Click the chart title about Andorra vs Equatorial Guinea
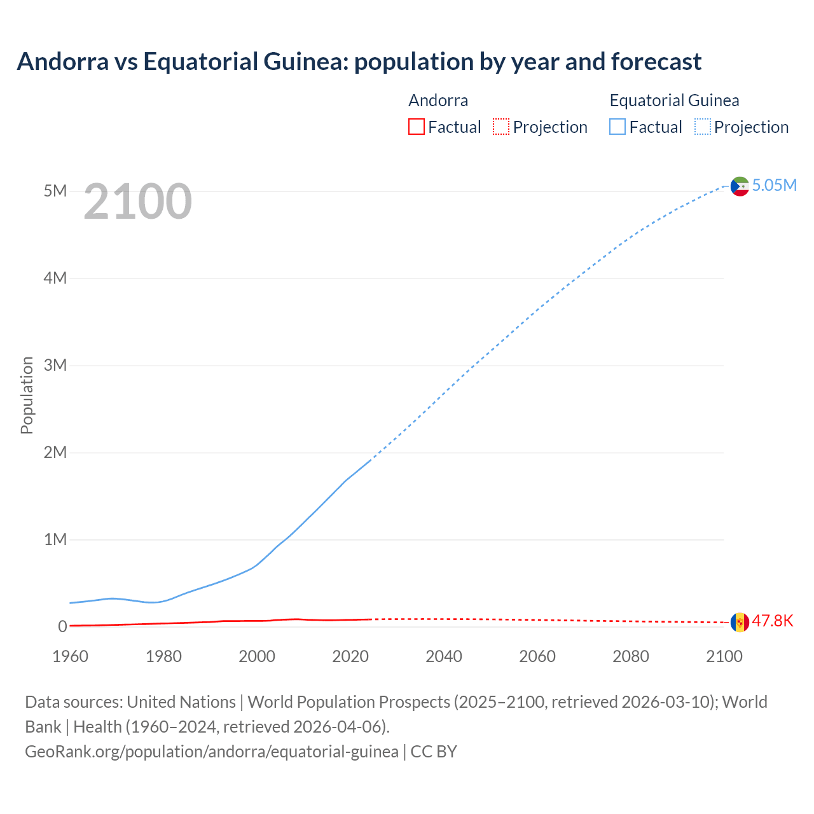coord(359,62)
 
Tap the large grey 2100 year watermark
coord(137,202)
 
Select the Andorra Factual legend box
coord(417,127)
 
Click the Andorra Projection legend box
coord(501,127)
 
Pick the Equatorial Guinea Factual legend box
coord(617,127)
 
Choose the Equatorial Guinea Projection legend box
coord(703,127)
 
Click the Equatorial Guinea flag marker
coord(740,186)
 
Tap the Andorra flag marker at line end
coord(740,622)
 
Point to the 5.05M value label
coord(774,185)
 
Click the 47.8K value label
coord(773,621)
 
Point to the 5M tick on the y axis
coord(55,191)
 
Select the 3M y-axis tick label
coord(55,365)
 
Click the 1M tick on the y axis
coord(55,539)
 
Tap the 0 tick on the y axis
coord(62,626)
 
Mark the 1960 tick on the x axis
coord(71,656)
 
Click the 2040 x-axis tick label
coord(444,656)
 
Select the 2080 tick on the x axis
coord(631,656)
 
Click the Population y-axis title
coord(27,395)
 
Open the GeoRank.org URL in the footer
coord(212,752)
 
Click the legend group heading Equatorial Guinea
coord(674,100)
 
